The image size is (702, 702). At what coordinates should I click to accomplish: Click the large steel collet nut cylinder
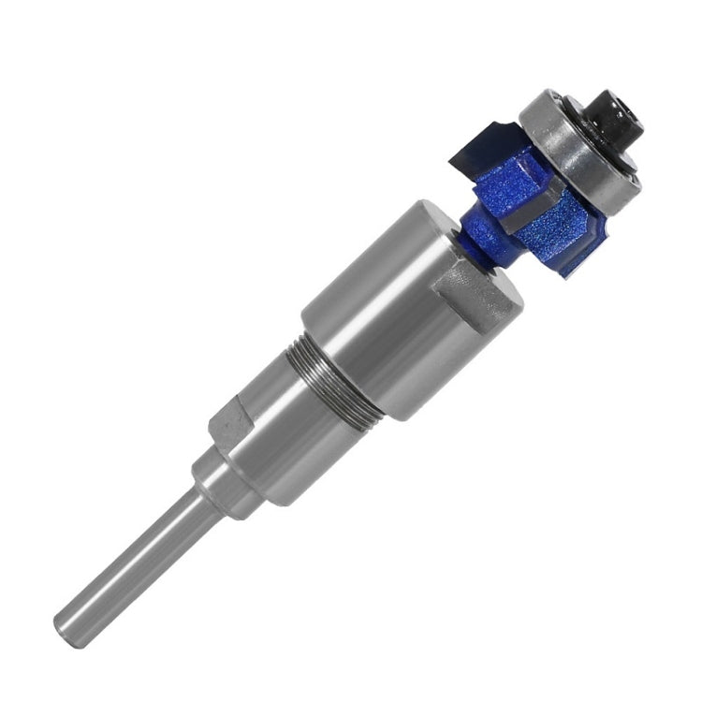(x=374, y=318)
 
